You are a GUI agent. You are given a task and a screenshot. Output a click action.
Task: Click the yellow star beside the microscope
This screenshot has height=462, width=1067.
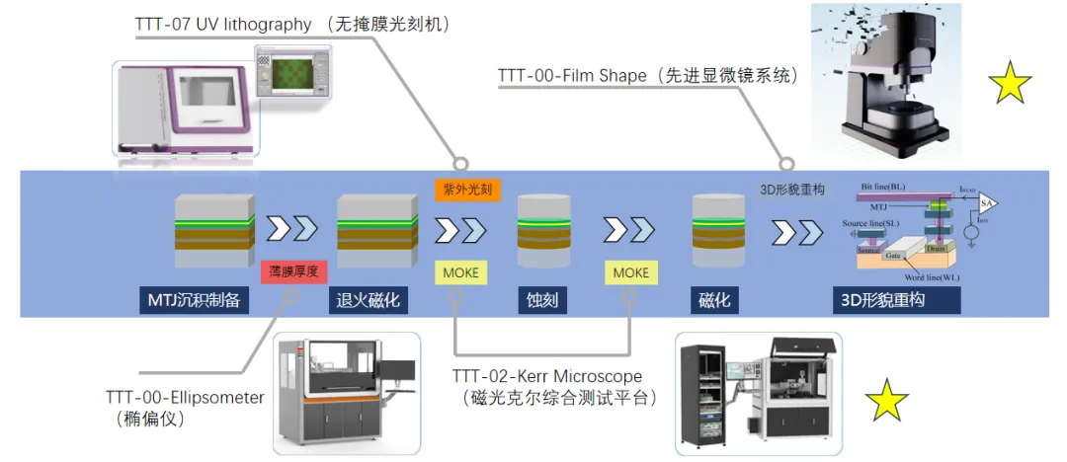coord(1010,84)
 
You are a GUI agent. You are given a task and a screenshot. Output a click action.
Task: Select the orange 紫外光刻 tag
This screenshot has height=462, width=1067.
coord(461,187)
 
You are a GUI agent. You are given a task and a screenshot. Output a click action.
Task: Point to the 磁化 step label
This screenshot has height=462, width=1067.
coord(714,299)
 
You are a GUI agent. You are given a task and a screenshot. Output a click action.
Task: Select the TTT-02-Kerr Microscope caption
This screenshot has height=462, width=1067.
coord(547,376)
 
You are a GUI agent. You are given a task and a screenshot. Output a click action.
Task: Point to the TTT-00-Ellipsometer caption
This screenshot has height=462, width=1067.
coord(186,398)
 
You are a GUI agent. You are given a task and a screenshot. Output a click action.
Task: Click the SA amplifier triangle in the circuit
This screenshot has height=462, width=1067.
coord(986,204)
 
